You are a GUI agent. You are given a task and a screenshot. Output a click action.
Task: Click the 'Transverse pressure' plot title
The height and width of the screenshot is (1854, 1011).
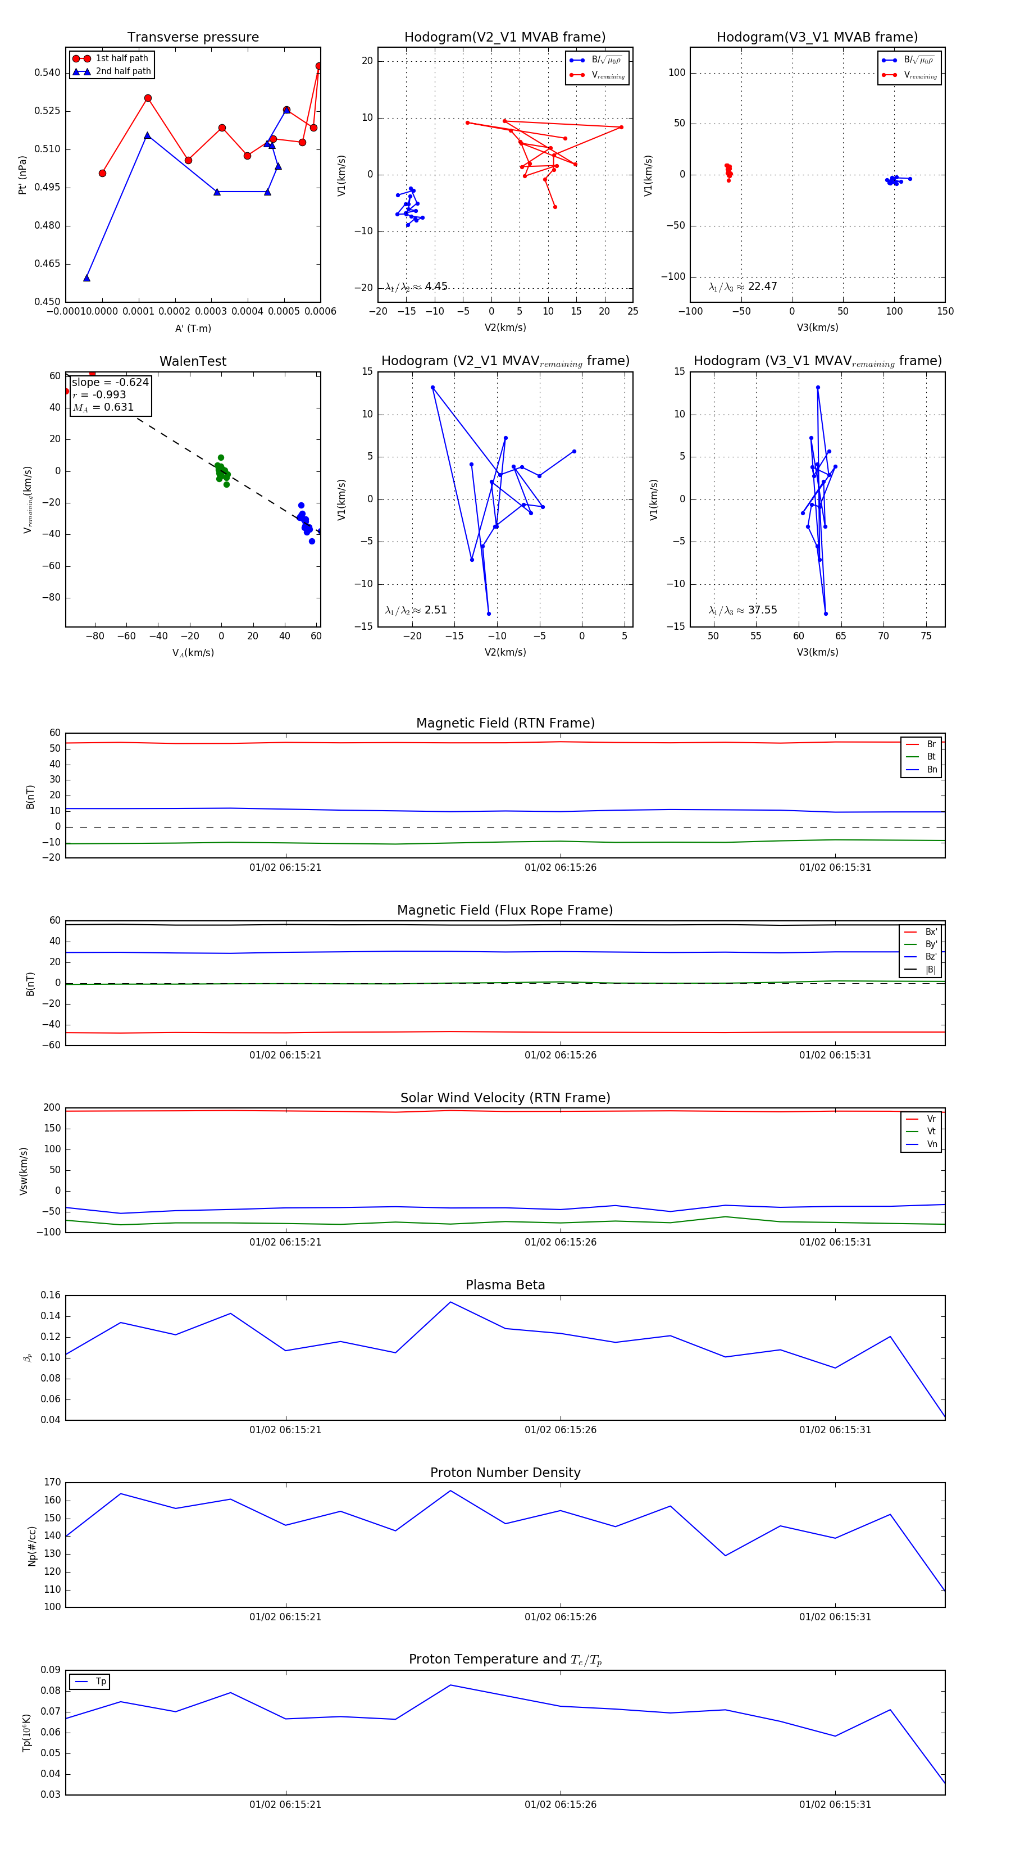point(193,38)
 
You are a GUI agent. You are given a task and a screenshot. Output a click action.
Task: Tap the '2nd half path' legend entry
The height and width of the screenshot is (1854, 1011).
point(123,71)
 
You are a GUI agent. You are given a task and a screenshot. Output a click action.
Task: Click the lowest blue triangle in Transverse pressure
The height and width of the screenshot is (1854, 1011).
point(86,278)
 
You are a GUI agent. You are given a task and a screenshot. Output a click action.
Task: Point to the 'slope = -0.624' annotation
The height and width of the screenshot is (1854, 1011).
point(110,382)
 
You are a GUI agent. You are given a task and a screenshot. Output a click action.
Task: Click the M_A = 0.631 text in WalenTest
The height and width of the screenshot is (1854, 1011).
point(103,407)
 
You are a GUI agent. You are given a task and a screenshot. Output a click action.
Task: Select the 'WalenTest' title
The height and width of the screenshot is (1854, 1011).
point(193,361)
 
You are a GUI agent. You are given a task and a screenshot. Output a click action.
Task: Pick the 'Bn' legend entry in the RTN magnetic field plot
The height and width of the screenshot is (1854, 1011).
point(931,769)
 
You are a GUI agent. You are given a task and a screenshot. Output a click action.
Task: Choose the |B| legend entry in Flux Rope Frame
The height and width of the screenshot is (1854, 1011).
point(930,970)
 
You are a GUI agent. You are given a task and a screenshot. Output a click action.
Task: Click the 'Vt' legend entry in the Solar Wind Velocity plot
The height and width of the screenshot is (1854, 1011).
point(931,1132)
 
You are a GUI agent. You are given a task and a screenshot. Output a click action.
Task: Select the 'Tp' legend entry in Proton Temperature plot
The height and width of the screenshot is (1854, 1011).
point(100,1682)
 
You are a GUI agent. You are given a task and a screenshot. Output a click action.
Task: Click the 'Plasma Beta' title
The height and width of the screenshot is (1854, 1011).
point(505,1285)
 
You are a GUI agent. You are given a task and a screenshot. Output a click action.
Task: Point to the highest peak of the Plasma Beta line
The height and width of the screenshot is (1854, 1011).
point(450,1302)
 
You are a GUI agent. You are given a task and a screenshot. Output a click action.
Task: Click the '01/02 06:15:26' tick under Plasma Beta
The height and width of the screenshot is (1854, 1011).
point(560,1429)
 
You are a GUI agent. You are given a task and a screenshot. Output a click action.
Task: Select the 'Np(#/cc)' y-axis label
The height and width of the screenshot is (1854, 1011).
point(31,1546)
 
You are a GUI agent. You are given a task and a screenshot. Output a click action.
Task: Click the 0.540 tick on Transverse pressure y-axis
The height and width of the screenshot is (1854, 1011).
point(48,72)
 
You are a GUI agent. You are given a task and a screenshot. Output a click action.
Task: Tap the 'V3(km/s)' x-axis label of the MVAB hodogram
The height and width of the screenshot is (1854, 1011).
point(817,328)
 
